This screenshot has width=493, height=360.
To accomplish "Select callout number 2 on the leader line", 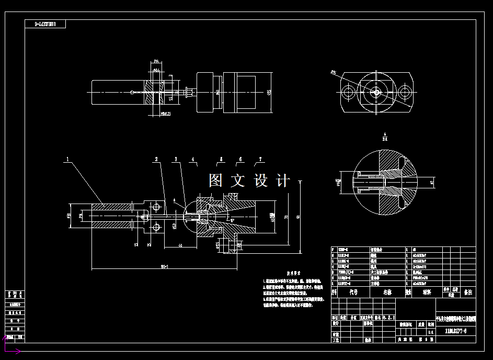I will (x=156, y=158).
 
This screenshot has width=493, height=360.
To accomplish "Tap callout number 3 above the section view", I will (x=176, y=158).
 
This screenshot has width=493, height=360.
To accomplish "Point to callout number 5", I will (x=221, y=158).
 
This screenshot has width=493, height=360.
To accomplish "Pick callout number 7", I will (x=260, y=158).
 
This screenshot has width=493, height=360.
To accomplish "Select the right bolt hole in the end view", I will (x=404, y=93).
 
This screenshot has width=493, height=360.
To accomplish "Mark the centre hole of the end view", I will (x=376, y=93).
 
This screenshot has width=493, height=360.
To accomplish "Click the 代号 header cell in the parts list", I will (x=353, y=293).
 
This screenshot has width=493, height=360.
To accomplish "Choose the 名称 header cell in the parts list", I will (x=387, y=293).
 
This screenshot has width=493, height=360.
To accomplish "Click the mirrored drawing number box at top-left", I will (x=45, y=24).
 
